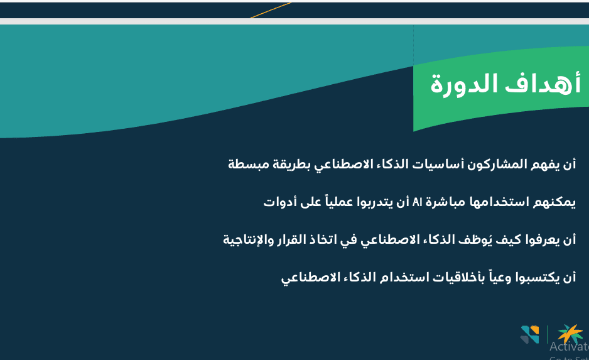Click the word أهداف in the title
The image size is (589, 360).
click(543, 84)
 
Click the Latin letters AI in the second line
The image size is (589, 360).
click(418, 202)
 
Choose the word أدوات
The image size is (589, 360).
click(277, 202)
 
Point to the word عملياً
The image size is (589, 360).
click(337, 202)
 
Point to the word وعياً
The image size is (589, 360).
click(499, 277)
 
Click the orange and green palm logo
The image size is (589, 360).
click(570, 334)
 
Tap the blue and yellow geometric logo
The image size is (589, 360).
click(529, 334)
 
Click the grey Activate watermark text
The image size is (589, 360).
click(569, 346)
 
